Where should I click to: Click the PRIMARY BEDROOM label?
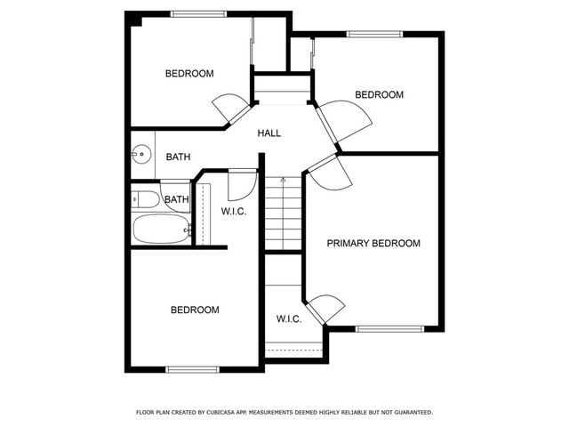[373, 243]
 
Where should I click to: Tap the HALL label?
[269, 133]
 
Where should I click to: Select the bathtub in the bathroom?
[161, 229]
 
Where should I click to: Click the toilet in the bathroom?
[145, 199]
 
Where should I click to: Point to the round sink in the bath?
[141, 154]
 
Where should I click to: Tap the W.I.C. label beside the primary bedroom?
[289, 319]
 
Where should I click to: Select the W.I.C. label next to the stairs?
[234, 212]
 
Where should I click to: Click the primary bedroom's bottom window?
[389, 329]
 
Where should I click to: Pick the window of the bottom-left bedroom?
[192, 370]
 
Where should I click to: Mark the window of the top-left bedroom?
[198, 14]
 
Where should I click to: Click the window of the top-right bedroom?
[375, 34]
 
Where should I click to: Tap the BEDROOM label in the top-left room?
[189, 74]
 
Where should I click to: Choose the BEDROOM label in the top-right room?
[380, 95]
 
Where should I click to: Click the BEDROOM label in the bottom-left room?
[195, 310]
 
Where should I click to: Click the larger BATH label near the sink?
[178, 157]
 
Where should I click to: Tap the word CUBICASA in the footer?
[219, 413]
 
